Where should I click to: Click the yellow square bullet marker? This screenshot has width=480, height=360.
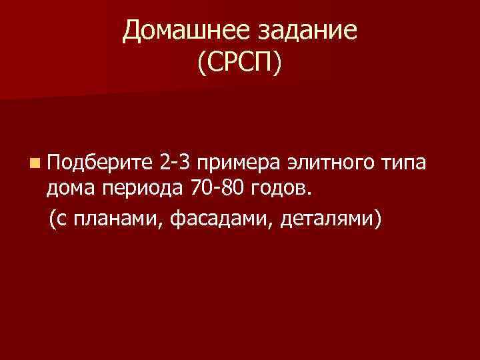[x=33, y=163]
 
